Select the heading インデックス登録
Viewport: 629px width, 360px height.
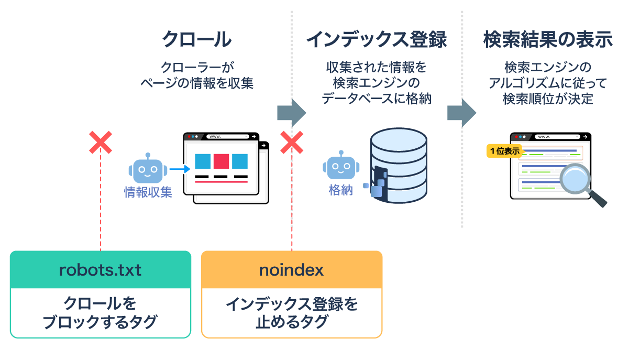(376, 40)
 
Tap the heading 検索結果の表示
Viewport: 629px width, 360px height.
(548, 40)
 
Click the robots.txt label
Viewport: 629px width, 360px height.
(100, 270)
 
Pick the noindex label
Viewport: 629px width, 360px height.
(292, 270)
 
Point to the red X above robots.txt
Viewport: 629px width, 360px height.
(100, 143)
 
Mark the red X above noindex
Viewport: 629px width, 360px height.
(292, 143)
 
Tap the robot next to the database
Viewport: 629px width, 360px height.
(340, 167)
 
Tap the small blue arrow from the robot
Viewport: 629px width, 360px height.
(179, 169)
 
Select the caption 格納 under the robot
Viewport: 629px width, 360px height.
(340, 190)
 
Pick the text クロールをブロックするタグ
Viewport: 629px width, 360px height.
(100, 313)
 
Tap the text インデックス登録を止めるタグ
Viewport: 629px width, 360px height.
(292, 313)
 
